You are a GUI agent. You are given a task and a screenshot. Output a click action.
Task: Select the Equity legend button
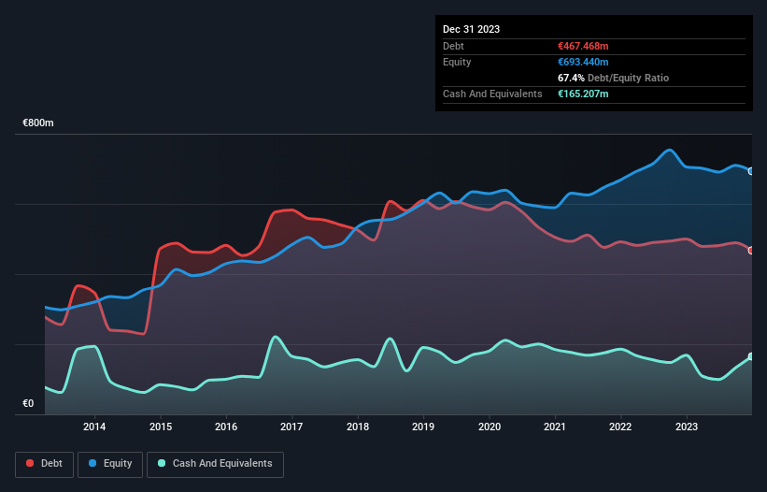110,464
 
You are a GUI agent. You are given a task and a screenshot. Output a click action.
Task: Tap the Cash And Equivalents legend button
215,464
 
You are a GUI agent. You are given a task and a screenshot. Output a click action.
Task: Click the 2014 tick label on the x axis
94,427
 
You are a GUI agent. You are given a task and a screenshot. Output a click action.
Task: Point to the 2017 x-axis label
292,427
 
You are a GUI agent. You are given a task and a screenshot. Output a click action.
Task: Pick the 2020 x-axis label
490,427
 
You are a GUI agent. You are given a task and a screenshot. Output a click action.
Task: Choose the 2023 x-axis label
687,427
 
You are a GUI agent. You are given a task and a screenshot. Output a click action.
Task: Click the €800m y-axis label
38,123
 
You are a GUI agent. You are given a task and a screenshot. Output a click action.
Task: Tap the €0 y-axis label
28,404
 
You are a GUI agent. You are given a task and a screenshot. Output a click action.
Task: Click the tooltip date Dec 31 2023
471,29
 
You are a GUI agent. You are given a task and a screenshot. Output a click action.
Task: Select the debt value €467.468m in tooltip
583,46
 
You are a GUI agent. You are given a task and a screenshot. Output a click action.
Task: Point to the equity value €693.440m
583,62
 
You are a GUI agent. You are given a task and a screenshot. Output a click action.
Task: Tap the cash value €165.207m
583,94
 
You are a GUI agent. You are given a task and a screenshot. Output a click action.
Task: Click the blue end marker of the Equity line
751,171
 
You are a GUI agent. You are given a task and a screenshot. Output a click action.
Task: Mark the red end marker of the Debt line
751,251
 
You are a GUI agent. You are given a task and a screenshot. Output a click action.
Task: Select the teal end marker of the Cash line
751,356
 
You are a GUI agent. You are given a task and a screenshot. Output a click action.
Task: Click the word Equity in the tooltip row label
457,62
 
